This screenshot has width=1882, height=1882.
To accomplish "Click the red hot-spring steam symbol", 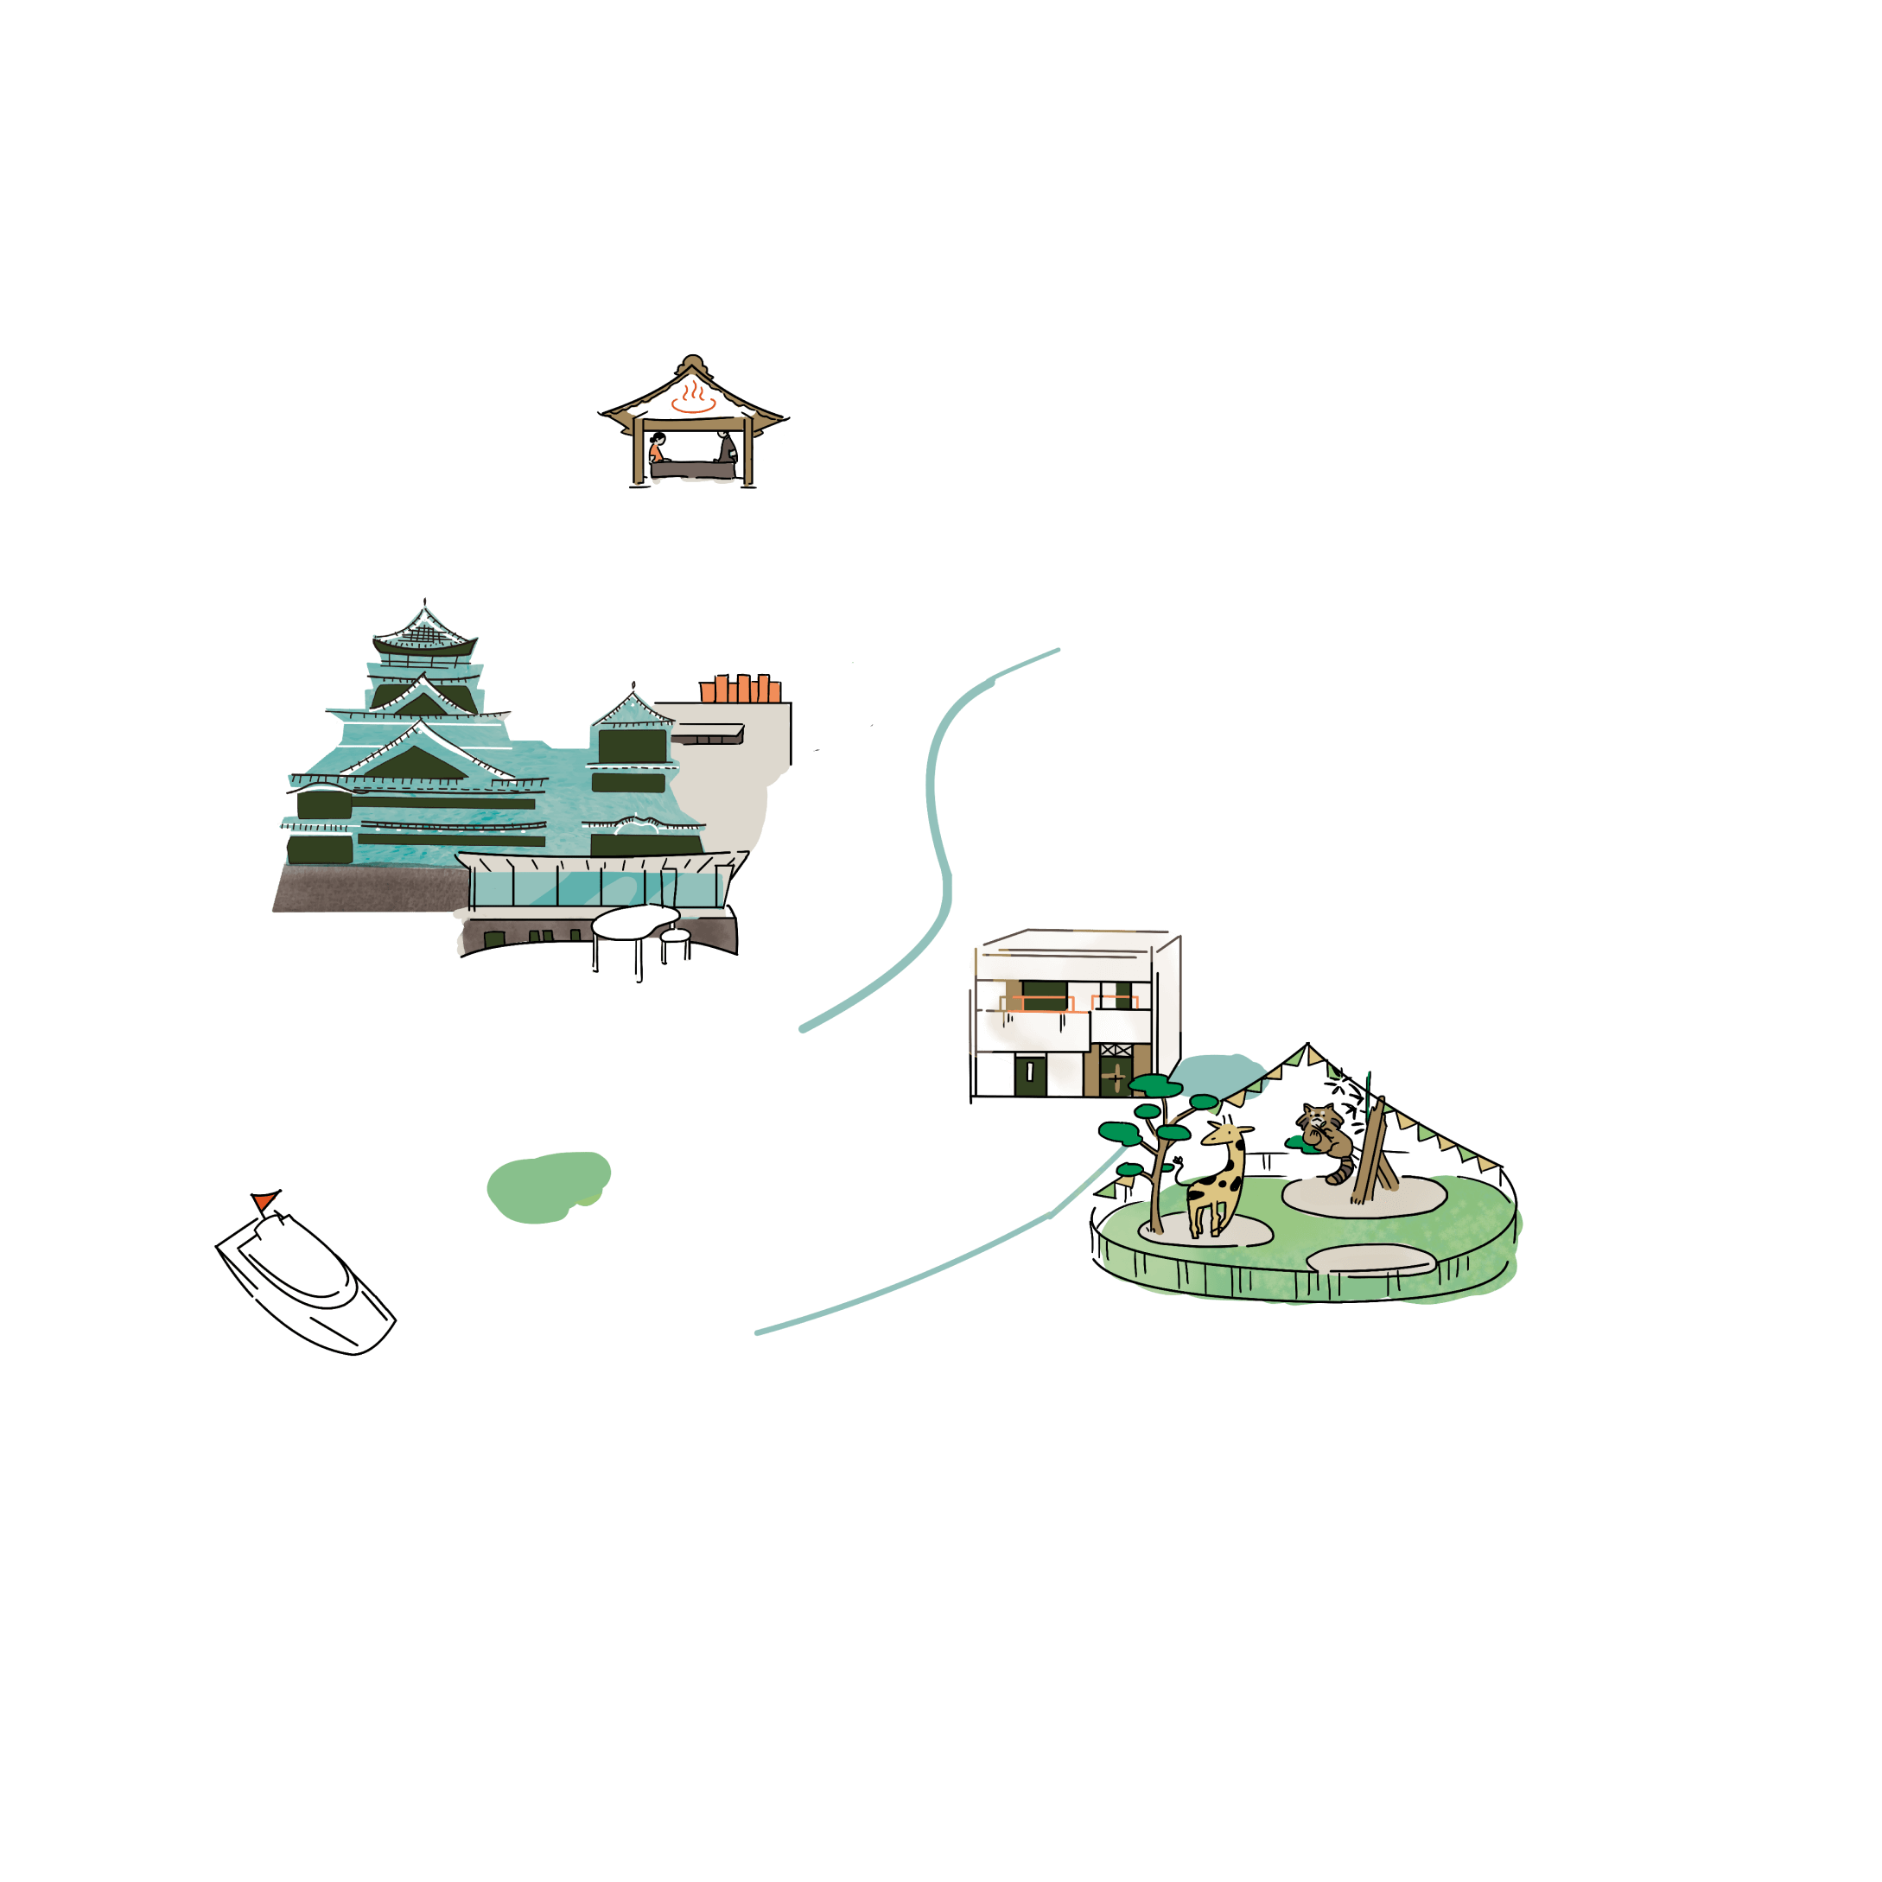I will tap(693, 397).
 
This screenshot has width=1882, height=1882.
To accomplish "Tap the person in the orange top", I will tap(657, 450).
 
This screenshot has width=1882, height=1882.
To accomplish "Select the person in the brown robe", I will tap(727, 448).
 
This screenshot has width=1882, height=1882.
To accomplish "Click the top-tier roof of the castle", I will tap(425, 633).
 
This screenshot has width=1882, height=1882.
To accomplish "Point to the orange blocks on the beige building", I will tap(741, 689).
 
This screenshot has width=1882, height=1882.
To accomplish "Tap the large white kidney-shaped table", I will tap(634, 919).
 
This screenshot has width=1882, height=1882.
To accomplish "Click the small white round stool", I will tap(674, 936).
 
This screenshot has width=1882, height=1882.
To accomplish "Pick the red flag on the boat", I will tap(263, 1201).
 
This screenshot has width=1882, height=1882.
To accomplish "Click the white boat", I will tap(307, 1281).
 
